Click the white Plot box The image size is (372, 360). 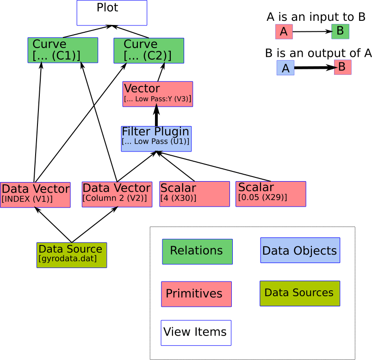click(112, 12)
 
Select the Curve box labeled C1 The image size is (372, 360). click(63, 50)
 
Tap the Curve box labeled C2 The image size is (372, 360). click(149, 50)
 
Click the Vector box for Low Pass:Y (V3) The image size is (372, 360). click(158, 94)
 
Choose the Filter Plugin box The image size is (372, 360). click(156, 139)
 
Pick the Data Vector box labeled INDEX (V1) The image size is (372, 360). click(35, 195)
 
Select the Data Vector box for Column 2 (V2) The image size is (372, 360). click(117, 194)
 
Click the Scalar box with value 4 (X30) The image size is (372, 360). click(194, 194)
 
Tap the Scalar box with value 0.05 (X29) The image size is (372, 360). click(271, 194)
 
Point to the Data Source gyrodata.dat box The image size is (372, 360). click(72, 255)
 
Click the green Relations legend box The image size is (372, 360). click(197, 251)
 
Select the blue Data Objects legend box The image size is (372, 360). click(300, 250)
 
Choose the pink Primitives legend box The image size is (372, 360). click(196, 294)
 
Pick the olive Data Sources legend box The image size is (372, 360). click(299, 293)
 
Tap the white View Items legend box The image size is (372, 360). click(196, 333)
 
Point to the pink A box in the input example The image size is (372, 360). click(284, 32)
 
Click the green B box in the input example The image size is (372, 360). click(340, 31)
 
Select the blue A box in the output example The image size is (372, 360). click(285, 68)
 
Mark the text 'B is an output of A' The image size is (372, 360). click(318, 53)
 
